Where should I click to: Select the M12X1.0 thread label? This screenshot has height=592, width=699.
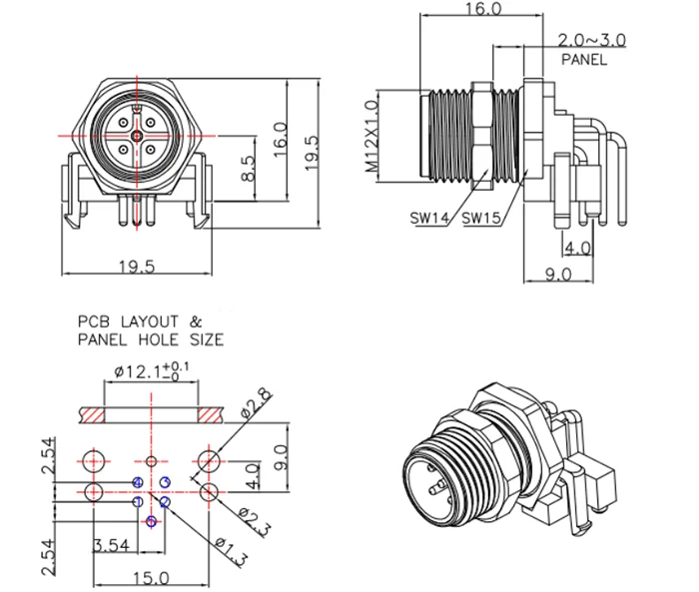(x=371, y=137)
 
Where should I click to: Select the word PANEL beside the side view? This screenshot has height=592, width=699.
(x=584, y=59)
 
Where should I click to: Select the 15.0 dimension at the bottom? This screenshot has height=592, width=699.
(x=151, y=578)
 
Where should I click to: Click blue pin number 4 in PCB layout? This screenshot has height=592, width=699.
(x=137, y=483)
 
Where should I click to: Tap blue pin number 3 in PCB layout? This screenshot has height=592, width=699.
(x=165, y=483)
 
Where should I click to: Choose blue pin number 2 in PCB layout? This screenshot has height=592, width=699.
(x=165, y=502)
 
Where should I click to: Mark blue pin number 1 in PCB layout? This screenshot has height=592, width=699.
(x=137, y=502)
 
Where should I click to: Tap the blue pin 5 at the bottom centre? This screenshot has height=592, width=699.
(x=151, y=521)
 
